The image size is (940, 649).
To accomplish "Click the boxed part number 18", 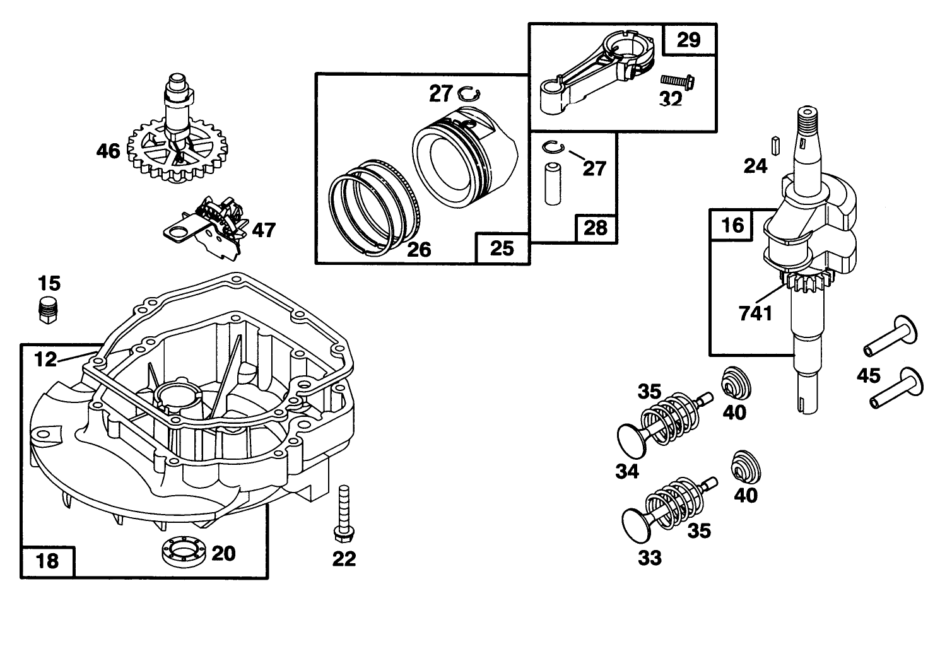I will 49,560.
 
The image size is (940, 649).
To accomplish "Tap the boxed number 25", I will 502,248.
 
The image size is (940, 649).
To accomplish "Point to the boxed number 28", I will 596,228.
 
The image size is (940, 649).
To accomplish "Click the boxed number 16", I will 732,225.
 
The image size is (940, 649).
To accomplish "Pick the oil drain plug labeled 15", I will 48,309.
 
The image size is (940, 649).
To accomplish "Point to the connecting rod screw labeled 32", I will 677,81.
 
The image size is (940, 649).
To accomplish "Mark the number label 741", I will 756,313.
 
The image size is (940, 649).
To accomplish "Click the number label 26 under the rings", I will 418,250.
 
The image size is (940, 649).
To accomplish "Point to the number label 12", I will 45,360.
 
